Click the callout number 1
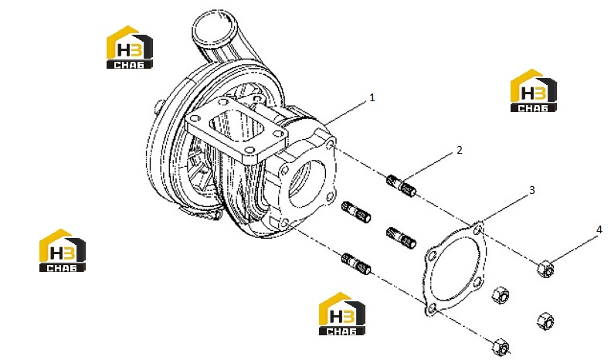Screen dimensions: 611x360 (x=372, y=97)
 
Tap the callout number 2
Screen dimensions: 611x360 (x=460, y=150)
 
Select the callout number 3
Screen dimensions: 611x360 (x=532, y=190)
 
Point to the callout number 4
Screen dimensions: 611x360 (x=599, y=229)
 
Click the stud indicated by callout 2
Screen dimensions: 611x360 (x=402, y=186)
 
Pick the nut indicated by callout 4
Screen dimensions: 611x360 (x=545, y=269)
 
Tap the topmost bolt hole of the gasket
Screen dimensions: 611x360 (x=477, y=230)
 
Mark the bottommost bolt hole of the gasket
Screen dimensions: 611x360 (x=430, y=310)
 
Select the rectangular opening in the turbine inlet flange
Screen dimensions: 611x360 (x=236, y=124)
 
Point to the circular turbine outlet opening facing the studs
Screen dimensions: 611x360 (x=308, y=182)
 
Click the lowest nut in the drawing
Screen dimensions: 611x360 (x=501, y=347)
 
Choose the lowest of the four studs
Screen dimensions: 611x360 (x=356, y=263)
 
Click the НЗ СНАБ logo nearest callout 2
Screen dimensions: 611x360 (x=534, y=91)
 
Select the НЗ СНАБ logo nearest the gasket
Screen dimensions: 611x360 (x=342, y=314)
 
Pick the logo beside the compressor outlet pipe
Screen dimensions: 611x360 (x=129, y=48)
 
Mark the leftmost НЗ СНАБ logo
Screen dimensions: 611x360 (x=63, y=250)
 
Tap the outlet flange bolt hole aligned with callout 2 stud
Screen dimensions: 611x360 (x=331, y=146)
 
